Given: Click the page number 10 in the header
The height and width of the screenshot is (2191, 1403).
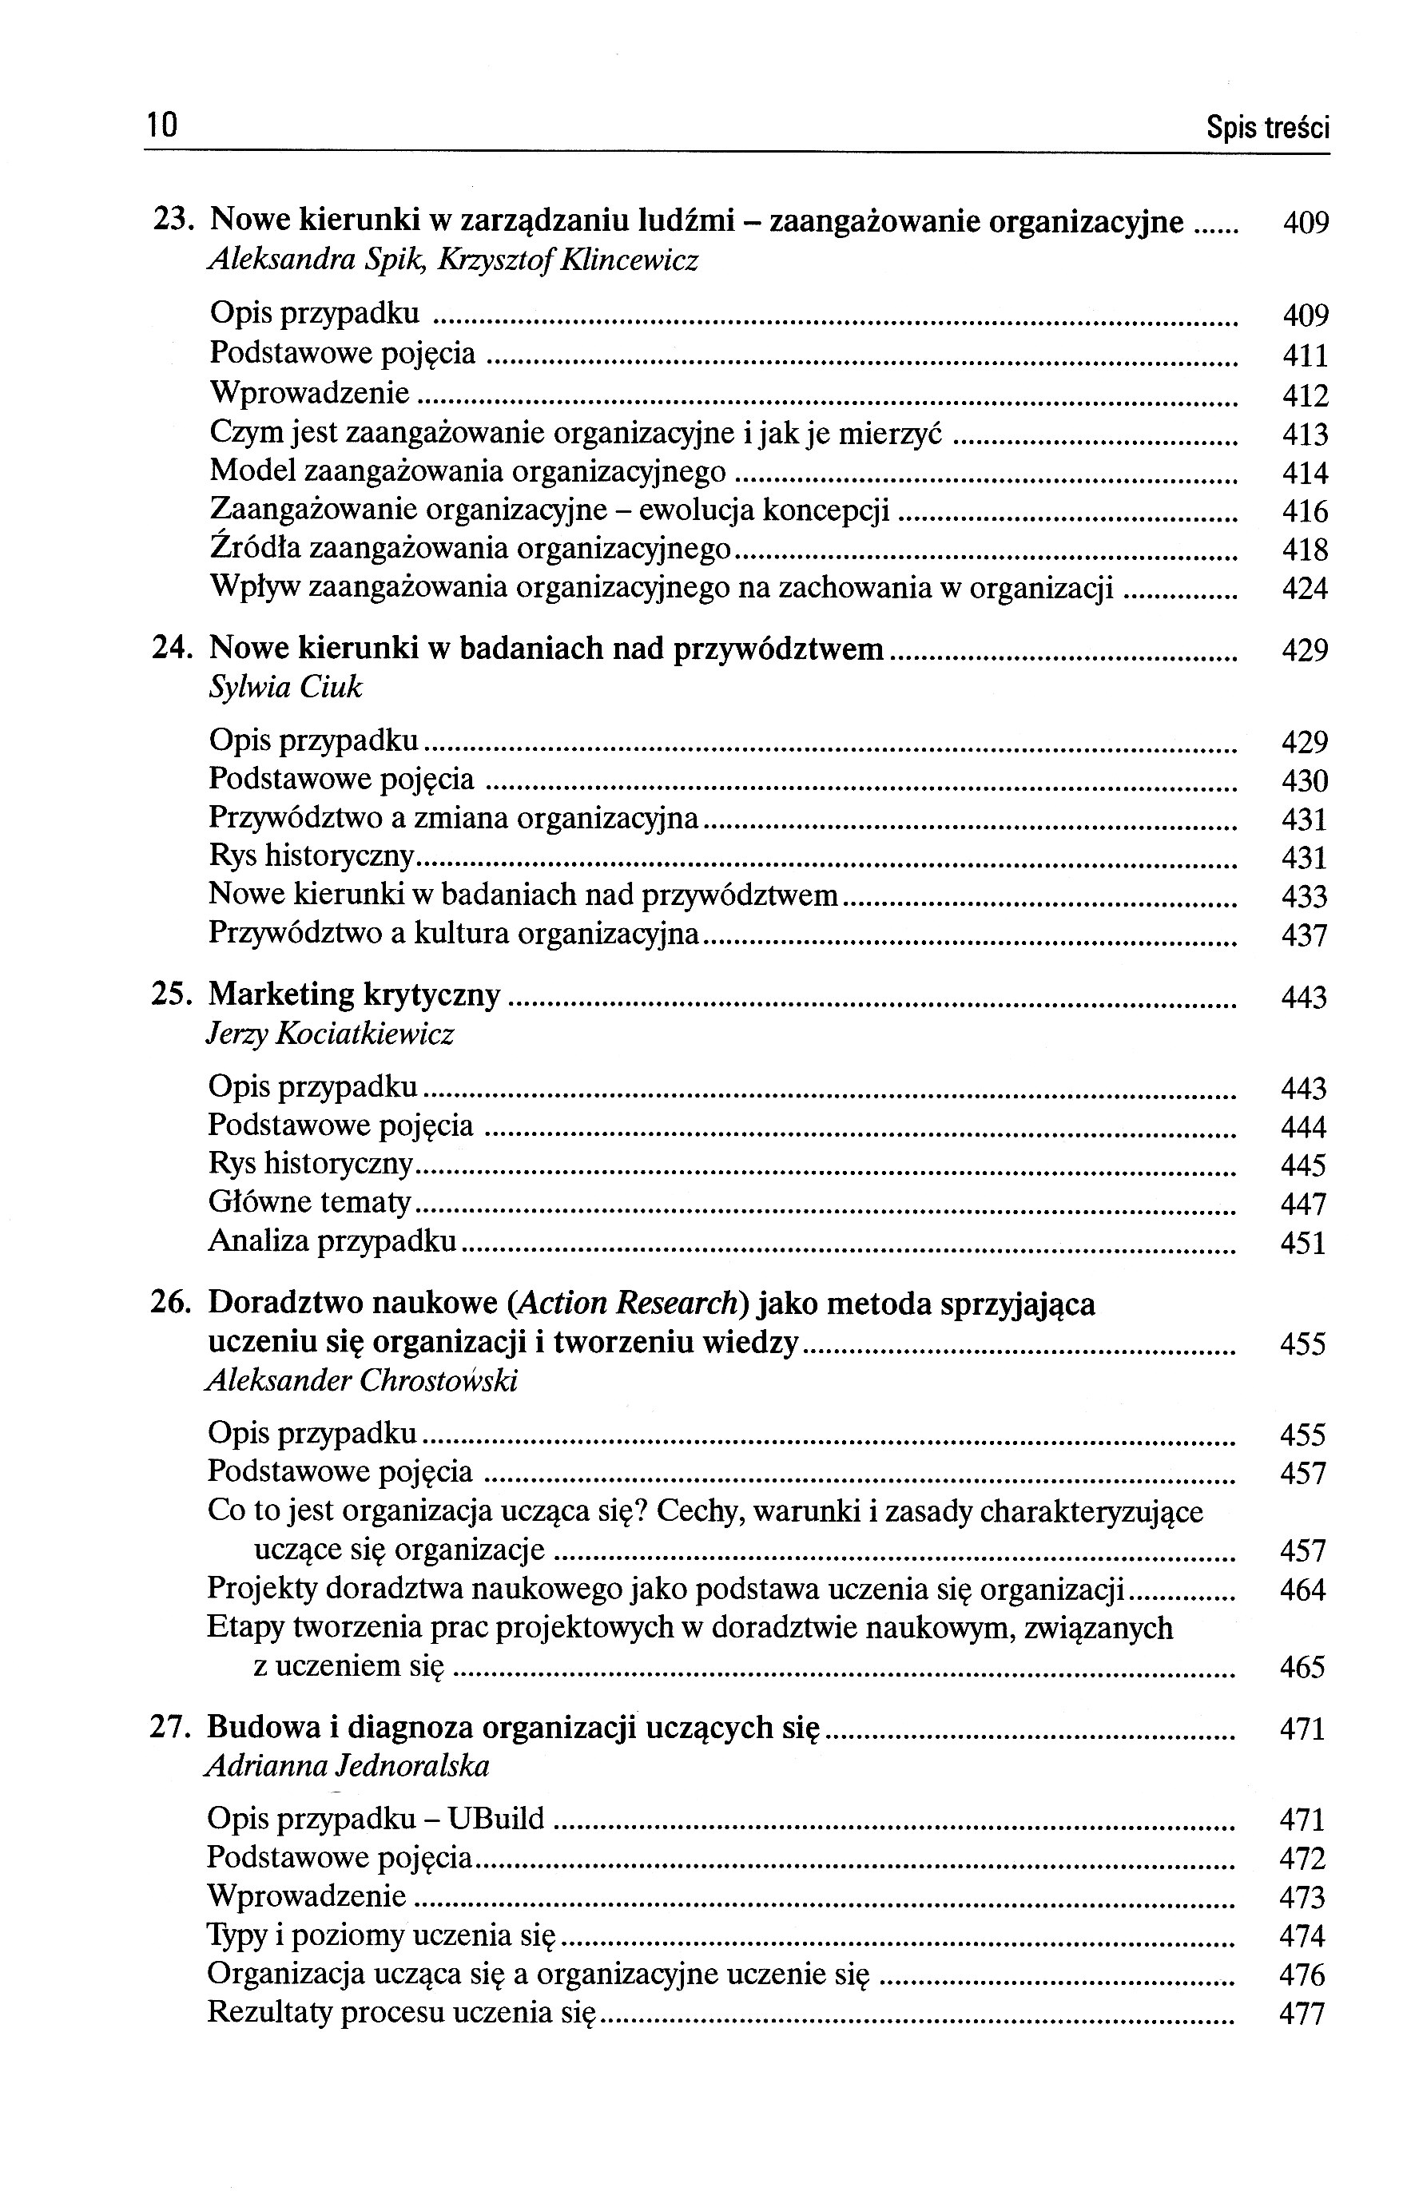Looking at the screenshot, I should pos(161,125).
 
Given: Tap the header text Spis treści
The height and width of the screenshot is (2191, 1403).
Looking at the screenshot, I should pos(1267,129).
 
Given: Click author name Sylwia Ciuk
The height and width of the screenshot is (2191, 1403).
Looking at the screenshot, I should pos(285,688).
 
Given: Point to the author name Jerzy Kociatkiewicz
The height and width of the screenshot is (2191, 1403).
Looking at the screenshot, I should pos(330,1034).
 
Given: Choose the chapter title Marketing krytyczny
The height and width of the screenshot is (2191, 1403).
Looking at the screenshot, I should pos(355,994).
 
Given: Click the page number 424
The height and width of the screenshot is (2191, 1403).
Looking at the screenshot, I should pos(1305,589).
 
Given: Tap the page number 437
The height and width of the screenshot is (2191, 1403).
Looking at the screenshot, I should pos(1304,935).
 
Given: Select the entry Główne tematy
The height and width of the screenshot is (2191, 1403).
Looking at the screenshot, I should pos(310,1203).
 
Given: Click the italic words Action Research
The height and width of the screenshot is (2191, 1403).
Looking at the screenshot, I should pos(626,1304).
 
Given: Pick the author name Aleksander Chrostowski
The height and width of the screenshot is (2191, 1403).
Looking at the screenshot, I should pos(362,1381).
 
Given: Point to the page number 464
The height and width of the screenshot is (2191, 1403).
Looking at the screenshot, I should pos(1302,1591).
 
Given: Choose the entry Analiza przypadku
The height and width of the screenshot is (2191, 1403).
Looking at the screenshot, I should pos(332,1241).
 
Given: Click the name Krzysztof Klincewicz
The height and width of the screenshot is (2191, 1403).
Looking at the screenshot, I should pos(567,261).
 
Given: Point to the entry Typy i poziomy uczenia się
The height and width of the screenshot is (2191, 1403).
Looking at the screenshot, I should pos(381,1936).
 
